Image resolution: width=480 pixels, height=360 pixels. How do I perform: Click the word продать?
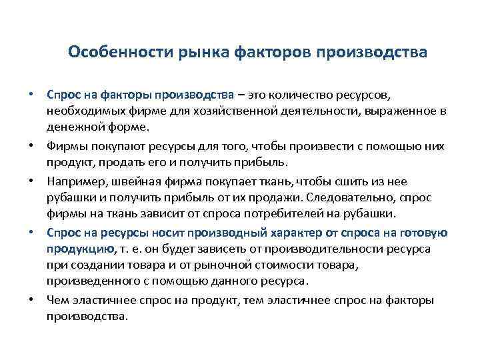(123, 162)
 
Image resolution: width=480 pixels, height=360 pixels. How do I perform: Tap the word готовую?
(423, 232)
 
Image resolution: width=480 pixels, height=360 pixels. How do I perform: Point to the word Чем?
(57, 301)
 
